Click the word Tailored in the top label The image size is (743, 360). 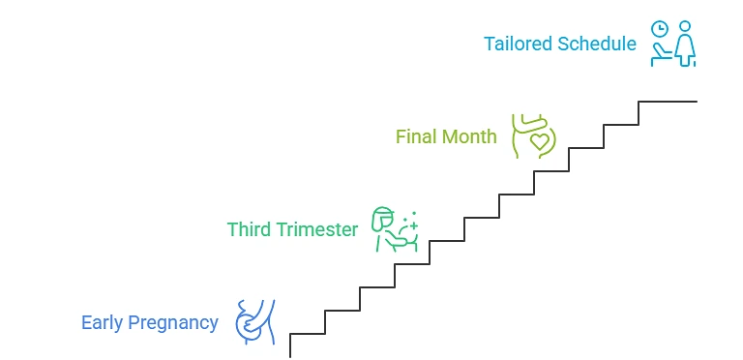pos(518,44)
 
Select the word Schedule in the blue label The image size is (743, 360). pos(597,44)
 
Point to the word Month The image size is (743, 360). pos(468,136)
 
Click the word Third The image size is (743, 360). pos(250,229)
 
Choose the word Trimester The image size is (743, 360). pos(317,229)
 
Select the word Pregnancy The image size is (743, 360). pos(173,323)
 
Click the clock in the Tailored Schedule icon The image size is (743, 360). pos(659,29)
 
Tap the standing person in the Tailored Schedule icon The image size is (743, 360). pos(685,44)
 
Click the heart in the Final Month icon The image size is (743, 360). pos(539,141)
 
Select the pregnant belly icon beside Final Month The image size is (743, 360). pos(534,135)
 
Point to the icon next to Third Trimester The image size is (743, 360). pos(395,229)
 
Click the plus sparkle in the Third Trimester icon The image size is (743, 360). pos(414,225)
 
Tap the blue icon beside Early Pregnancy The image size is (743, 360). pos(255,322)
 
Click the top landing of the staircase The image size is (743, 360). pos(668,102)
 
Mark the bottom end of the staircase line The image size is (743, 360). pos(290,357)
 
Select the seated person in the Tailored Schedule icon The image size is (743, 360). pos(660,53)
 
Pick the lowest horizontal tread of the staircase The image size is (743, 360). pos(308,334)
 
